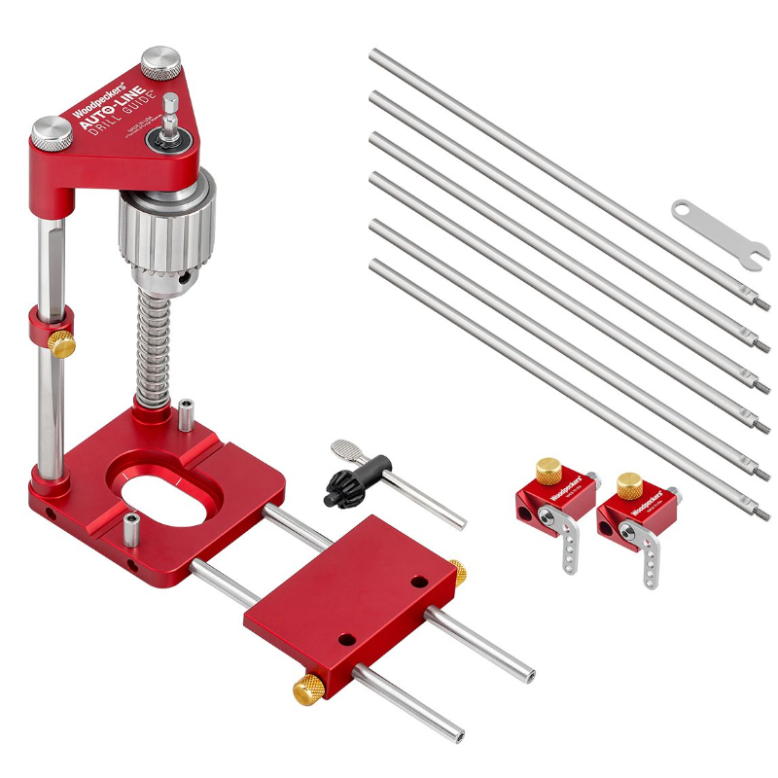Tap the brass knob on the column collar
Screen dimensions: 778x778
(62, 342)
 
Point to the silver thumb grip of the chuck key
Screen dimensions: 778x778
(346, 448)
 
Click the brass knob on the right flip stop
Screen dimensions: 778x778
(629, 480)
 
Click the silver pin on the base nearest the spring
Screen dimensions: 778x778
(184, 412)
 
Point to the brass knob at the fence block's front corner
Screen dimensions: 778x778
(307, 689)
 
